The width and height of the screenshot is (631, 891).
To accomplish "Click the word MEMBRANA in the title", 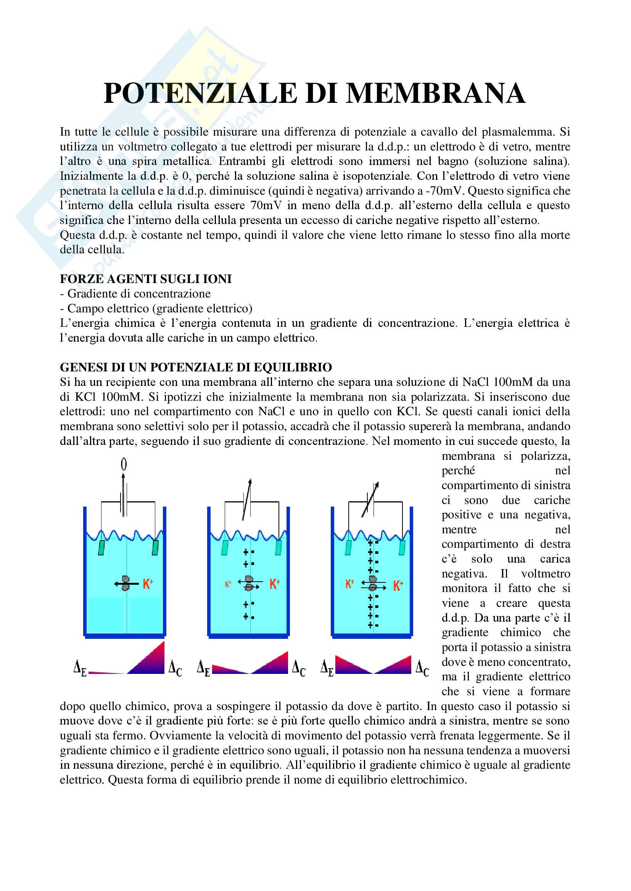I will [436, 94].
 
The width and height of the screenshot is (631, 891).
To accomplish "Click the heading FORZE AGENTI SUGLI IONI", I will [146, 278].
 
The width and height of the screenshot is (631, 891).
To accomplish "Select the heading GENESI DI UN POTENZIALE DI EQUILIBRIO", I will [196, 367].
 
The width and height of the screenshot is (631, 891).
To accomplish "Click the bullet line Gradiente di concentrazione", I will [139, 293].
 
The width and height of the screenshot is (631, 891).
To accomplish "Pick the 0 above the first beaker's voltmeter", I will [124, 464].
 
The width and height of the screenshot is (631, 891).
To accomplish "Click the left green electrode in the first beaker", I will [101, 547].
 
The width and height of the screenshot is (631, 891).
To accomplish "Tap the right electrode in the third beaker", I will [402, 547].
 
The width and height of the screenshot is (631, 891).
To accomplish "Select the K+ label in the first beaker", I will [148, 584].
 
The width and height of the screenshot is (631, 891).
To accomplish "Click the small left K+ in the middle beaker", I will [228, 584].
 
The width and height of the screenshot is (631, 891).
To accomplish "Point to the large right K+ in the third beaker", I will [398, 585].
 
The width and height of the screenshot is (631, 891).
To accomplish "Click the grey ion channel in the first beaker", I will [125, 583].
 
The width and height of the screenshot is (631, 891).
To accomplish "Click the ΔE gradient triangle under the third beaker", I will [350, 666].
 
